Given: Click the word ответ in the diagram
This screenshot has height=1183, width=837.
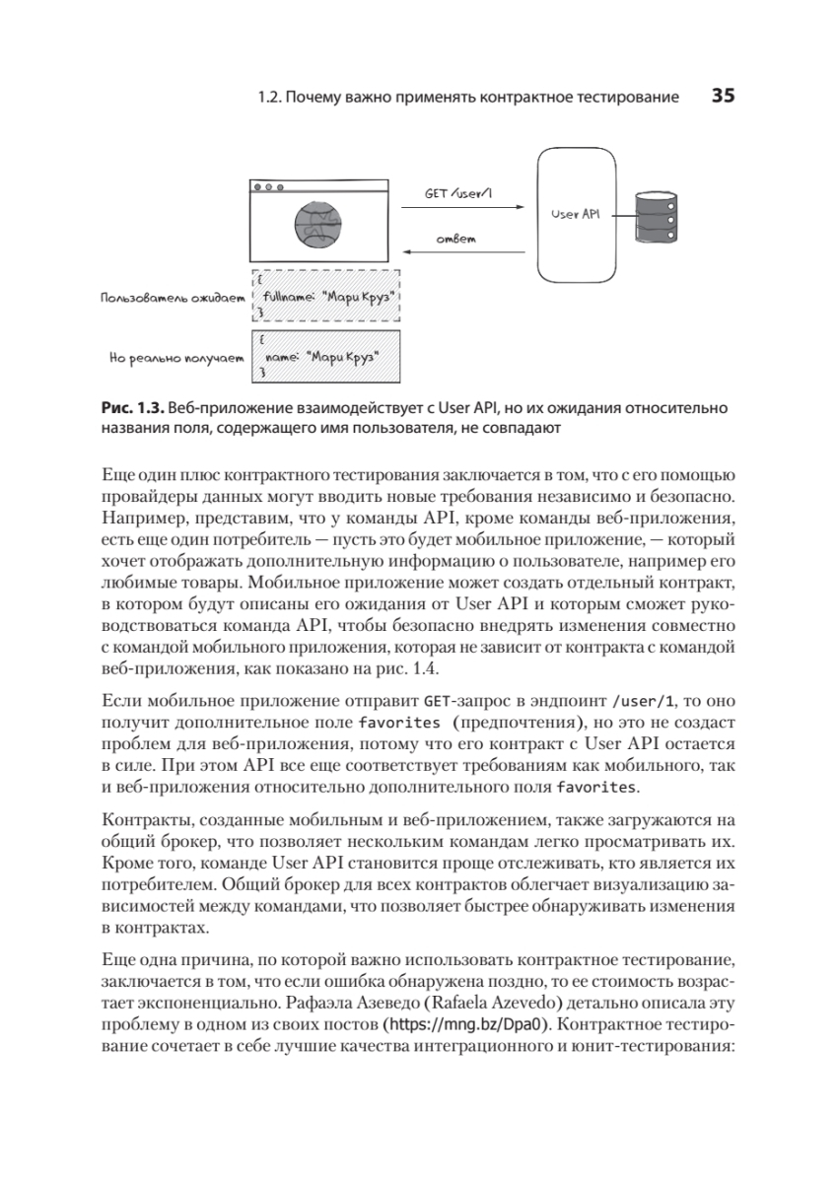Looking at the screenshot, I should point(456,240).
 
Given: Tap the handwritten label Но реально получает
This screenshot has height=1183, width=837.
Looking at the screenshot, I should point(176,360).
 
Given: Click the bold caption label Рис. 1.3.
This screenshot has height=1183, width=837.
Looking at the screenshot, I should point(133,408).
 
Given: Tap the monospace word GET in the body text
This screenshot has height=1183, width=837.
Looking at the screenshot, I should point(436,703).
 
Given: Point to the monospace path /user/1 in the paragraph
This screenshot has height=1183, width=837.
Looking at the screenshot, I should point(644,703).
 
